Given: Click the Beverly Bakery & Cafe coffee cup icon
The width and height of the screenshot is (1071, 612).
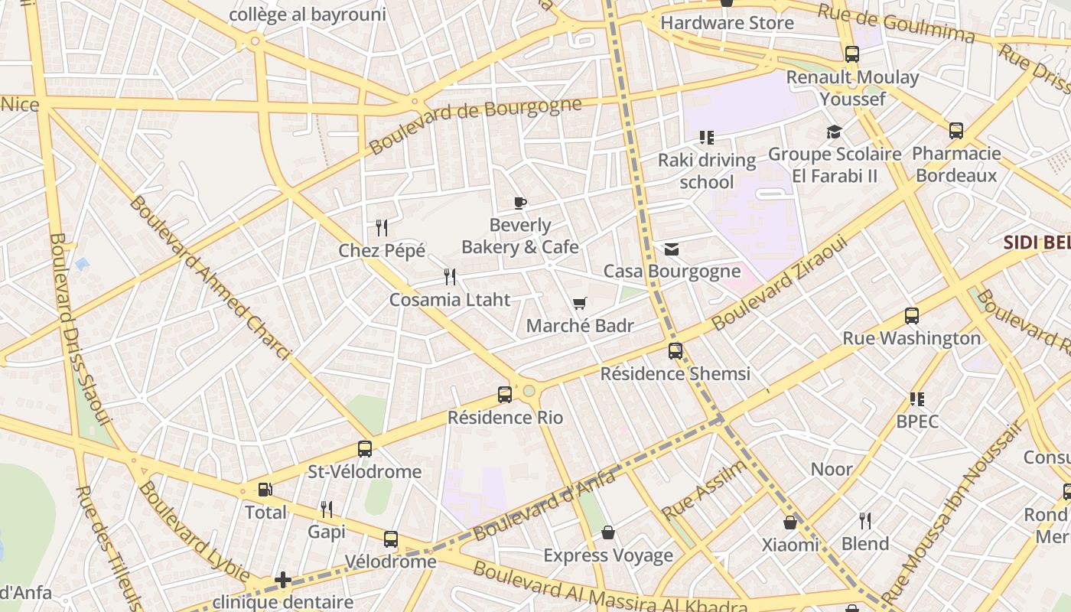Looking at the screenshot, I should (x=520, y=203).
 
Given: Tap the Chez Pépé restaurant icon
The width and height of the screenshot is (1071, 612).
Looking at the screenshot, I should (x=382, y=227).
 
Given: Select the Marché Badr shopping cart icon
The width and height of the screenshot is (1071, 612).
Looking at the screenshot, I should (x=579, y=304).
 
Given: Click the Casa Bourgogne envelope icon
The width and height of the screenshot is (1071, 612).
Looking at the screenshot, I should (x=672, y=249).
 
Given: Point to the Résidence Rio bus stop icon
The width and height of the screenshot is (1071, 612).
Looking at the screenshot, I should (x=505, y=395).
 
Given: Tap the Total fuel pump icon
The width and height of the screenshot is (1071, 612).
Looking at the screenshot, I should (x=265, y=490).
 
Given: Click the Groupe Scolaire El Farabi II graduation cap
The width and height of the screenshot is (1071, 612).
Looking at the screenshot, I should (x=834, y=132).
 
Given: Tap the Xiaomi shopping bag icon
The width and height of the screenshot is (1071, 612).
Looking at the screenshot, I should (x=790, y=522).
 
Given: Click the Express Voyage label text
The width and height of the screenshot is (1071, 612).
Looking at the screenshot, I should (x=608, y=555).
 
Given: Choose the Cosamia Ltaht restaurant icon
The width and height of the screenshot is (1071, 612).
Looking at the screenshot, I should (x=450, y=277).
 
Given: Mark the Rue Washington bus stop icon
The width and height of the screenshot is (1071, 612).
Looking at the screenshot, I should (x=911, y=315).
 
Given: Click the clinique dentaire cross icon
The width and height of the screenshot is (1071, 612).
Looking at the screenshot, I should (x=283, y=579).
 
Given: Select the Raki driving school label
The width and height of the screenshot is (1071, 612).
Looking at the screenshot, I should (x=707, y=171).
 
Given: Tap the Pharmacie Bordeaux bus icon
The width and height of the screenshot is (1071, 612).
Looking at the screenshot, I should (x=956, y=131).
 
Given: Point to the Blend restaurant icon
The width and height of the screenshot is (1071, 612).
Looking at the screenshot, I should (x=864, y=521).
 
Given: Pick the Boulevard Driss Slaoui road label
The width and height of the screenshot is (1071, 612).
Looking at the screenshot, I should (x=80, y=329).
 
